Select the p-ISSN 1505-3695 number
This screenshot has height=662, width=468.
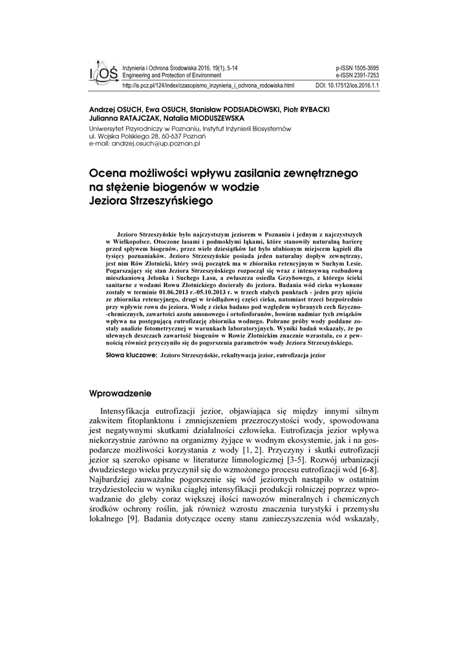pyautogui.click(x=357, y=68)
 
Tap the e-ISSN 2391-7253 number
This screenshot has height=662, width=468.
pyautogui.click(x=357, y=75)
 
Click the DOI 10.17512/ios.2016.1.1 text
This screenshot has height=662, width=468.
pyautogui.click(x=346, y=85)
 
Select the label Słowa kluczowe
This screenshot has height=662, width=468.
pyautogui.click(x=130, y=356)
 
